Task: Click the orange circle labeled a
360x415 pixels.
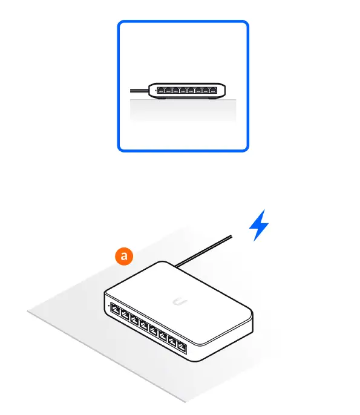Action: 125,257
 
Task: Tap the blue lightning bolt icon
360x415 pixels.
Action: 259,226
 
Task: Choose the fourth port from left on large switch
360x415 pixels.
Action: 144,325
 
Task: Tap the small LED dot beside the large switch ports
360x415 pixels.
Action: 108,305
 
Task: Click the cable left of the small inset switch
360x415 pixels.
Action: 139,90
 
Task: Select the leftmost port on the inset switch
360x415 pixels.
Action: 160,91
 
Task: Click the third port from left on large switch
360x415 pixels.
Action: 134,320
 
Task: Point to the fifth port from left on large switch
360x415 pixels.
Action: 153,331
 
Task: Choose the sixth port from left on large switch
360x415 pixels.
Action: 162,336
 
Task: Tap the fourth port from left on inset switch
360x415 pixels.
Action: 183,91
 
